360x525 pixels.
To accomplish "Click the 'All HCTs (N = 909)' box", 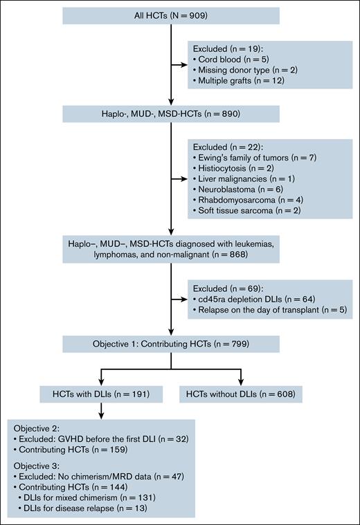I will [170, 15].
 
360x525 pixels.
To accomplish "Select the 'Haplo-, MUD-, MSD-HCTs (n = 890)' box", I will [170, 113].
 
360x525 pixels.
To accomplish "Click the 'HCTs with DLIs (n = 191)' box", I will [101, 394].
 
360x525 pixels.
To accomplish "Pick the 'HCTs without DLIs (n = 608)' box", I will [242, 394].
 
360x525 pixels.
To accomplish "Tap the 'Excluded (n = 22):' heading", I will [227, 146].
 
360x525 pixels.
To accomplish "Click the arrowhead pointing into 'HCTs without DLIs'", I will [242, 380].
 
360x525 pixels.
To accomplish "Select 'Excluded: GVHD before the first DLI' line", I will [94, 439].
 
